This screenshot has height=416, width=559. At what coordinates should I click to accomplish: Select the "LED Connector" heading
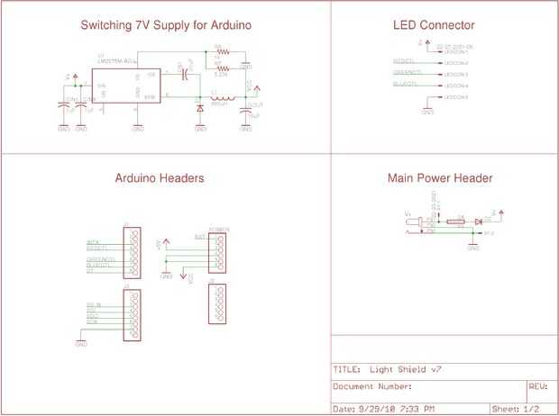(434, 25)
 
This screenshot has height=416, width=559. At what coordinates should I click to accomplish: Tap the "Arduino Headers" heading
(159, 178)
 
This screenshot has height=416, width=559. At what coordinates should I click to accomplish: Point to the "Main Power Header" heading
(440, 178)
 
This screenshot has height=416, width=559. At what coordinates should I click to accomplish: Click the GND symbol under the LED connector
(427, 111)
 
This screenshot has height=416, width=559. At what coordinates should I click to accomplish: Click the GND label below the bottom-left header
(79, 344)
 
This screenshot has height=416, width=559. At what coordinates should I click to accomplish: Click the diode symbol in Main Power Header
(478, 222)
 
